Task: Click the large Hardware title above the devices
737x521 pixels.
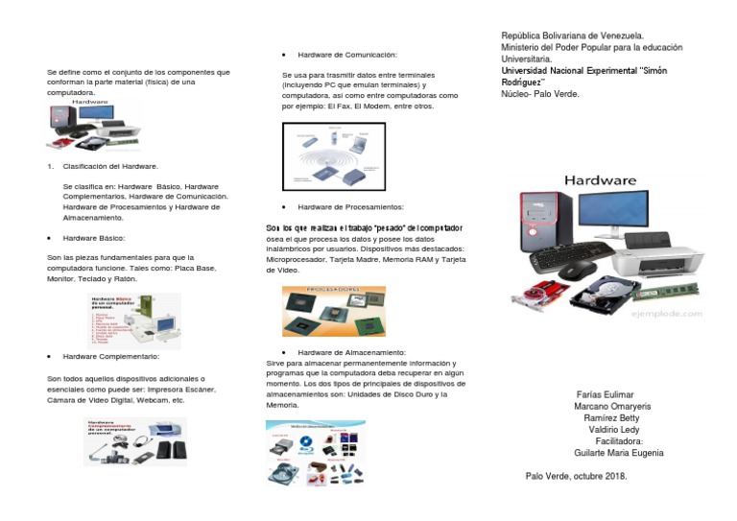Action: point(600,179)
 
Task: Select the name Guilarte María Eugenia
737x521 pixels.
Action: point(617,453)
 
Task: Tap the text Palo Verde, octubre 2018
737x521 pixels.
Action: point(576,475)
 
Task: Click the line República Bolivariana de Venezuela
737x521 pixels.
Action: point(572,36)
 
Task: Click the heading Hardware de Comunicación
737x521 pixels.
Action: point(346,55)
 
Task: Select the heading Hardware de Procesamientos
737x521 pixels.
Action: point(350,206)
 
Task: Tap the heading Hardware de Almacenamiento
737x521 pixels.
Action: point(351,353)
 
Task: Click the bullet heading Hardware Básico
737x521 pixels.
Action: point(94,236)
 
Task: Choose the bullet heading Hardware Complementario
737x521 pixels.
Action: point(109,355)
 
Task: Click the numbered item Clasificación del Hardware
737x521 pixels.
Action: point(109,166)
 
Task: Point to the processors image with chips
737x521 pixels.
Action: point(333,311)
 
